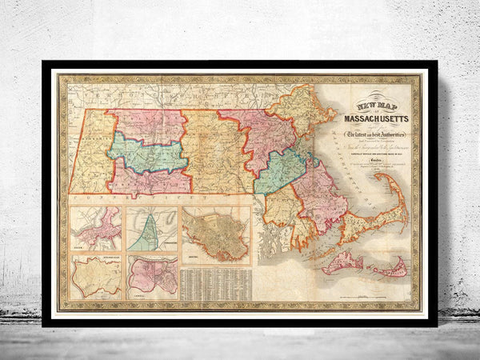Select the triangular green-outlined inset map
(x=151, y=230)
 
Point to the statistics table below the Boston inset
(x=214, y=284)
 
